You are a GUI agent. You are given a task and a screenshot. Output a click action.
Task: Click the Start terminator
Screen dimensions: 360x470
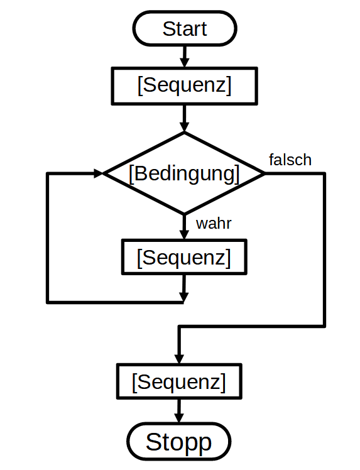coord(185,28)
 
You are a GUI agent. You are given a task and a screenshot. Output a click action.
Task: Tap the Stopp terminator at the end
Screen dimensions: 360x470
coord(179,442)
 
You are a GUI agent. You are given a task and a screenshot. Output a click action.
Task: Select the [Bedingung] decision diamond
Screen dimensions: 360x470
coord(184,173)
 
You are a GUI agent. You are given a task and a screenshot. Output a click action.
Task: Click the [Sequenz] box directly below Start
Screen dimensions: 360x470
coord(184,86)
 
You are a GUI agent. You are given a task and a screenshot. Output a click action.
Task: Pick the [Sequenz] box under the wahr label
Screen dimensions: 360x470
coord(184,257)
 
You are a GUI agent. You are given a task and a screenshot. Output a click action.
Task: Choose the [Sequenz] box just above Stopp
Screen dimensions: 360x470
coord(179,381)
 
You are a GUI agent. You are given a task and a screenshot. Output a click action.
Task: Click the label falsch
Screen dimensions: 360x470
coord(290,160)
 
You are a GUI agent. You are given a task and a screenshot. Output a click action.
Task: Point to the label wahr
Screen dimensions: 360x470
coord(214,224)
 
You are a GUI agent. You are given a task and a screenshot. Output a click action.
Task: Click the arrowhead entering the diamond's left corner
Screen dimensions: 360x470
coord(98,173)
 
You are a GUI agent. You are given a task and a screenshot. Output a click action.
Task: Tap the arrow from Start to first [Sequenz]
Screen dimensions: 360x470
coord(184,57)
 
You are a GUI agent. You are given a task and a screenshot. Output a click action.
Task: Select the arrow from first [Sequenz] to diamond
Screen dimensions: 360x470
coord(184,118)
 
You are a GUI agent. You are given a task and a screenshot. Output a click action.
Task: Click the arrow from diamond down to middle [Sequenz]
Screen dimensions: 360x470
coord(184,227)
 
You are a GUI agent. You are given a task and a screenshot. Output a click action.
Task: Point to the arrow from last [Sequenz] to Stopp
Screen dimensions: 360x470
coord(179,411)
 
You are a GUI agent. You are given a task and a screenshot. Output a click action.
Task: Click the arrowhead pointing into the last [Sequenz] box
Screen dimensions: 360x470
coord(179,359)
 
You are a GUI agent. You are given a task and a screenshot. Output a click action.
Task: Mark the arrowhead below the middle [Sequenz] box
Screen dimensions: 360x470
coord(183,297)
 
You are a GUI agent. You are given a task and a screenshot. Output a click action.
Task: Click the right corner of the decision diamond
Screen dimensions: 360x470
coord(265,173)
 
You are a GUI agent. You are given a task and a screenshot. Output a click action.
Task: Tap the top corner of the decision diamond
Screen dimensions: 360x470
coord(184,132)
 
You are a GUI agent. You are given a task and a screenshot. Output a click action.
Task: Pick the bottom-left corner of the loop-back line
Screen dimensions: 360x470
coord(47,302)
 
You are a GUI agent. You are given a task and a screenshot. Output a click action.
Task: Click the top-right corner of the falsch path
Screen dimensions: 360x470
coord(324,173)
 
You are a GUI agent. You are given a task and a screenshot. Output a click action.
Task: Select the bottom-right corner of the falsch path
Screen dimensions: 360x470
coord(324,326)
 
